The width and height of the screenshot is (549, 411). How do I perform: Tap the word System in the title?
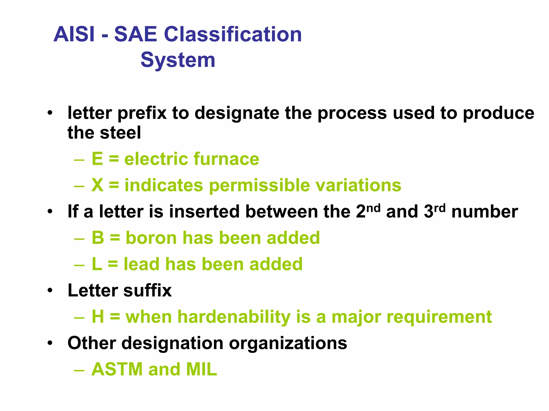click(178, 60)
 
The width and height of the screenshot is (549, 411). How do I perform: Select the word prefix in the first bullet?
click(142, 113)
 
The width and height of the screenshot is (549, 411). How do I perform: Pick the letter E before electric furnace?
click(97, 159)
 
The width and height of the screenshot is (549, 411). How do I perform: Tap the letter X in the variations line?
click(97, 185)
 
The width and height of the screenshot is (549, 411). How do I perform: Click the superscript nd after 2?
click(373, 208)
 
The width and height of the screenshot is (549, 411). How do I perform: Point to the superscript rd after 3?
click(440, 208)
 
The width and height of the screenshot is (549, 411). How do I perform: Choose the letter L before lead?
click(97, 264)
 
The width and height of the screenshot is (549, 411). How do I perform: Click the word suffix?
click(147, 290)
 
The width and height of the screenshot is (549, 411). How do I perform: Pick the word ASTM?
click(117, 370)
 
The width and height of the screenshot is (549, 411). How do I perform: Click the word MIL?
click(201, 370)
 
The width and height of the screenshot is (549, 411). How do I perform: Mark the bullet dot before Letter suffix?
click(50, 291)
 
